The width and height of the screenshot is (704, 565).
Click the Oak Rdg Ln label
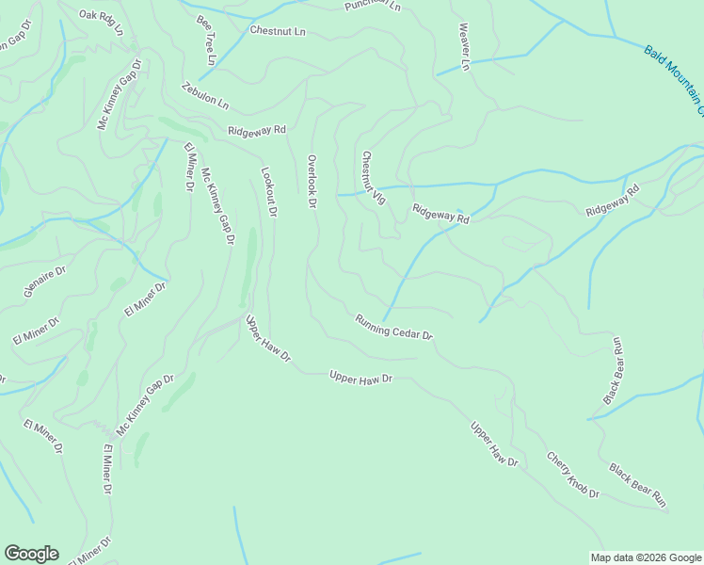coord(102,22)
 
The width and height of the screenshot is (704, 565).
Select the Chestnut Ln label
coord(278,31)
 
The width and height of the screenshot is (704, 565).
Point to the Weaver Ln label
coord(463,47)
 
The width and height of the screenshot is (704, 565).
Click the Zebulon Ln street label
coord(205,94)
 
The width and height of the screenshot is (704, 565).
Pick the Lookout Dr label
coord(268,193)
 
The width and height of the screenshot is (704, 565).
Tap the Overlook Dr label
coord(312,182)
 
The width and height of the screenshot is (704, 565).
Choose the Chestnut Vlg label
coord(374,179)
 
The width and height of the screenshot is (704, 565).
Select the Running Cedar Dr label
coord(393,328)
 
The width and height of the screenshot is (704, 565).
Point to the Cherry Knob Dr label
coord(572,475)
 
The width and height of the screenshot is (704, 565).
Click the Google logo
coord(31,554)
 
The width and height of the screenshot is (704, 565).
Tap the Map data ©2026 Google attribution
coord(646,557)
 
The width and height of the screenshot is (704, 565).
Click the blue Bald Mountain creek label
coord(674,79)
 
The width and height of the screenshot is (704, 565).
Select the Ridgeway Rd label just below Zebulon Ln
coord(256,130)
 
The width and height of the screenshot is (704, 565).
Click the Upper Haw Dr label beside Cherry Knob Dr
coord(494,444)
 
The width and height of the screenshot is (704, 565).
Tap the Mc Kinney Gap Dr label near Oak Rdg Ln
coord(119,95)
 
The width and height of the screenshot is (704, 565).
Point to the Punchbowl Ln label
coord(373,6)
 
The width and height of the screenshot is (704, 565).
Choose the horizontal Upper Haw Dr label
coord(360,378)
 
